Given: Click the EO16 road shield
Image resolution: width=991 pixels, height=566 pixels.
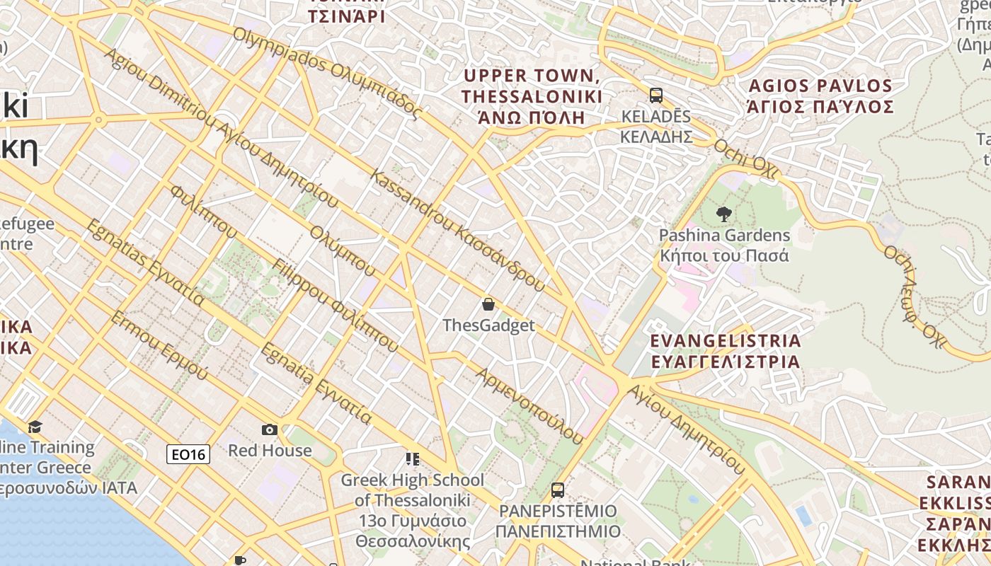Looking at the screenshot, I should (188, 454).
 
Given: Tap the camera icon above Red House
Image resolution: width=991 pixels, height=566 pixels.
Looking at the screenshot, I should (269, 429).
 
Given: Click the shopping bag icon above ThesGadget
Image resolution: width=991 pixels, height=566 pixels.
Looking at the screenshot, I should (488, 305).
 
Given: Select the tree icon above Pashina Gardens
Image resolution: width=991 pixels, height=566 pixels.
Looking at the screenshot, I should (723, 214).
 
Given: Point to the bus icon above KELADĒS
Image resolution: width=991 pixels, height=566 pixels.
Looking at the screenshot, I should (655, 96).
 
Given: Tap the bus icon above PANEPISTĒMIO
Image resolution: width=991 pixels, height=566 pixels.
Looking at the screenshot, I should (558, 490).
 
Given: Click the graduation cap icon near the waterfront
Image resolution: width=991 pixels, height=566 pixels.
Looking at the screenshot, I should (35, 427).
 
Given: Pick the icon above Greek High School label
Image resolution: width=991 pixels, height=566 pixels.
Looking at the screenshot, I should (412, 459).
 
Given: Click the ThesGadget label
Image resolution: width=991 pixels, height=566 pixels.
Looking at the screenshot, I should (488, 325).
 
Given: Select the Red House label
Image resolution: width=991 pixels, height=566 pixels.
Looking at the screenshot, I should (269, 451).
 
